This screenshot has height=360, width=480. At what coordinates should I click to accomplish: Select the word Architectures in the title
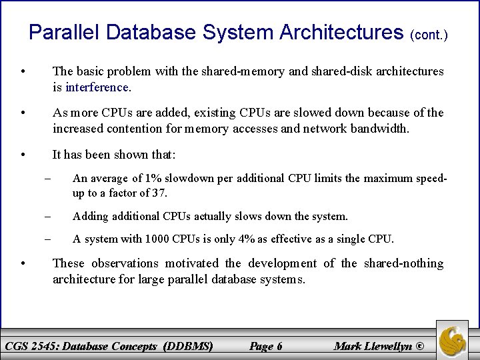tap(338, 31)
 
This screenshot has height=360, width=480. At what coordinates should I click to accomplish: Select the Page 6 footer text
tap(265, 345)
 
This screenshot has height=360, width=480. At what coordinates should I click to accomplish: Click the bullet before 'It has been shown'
tap(23, 155)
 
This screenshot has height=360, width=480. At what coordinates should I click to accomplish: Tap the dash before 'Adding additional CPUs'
tap(49, 216)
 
